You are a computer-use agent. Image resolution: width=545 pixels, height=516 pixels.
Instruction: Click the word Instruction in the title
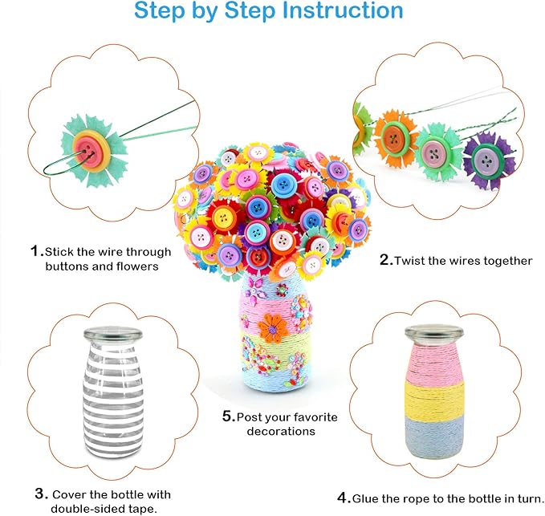[336, 11]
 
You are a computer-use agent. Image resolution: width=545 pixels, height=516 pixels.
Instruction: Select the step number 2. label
[385, 260]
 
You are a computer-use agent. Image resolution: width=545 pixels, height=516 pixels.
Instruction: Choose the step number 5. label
[228, 416]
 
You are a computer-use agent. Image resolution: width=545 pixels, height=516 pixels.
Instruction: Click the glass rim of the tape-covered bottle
[112, 333]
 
